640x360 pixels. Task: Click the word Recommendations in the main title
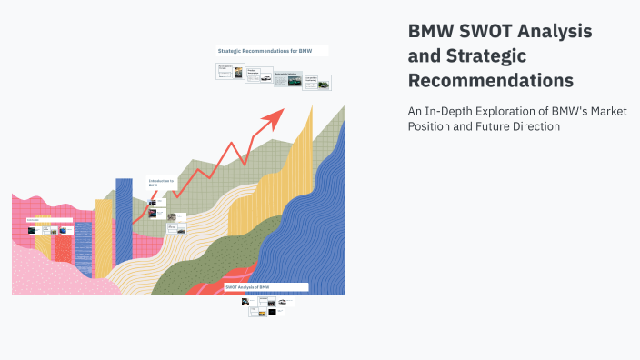[491, 81]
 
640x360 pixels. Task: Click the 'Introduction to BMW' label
[161, 184]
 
